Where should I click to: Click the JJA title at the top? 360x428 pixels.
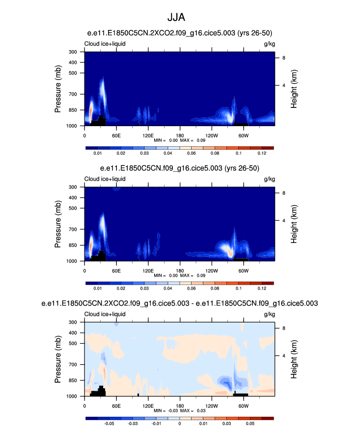coord(179,17)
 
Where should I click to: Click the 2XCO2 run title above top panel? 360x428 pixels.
coord(179,33)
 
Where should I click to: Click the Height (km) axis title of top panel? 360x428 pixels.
coord(294,89)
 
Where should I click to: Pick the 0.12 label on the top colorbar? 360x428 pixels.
coord(262,154)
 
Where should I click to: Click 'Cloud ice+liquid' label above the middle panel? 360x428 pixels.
coord(105,179)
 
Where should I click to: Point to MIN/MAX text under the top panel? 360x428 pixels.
coord(179,140)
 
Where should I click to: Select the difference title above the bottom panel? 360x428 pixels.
coord(179,304)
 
